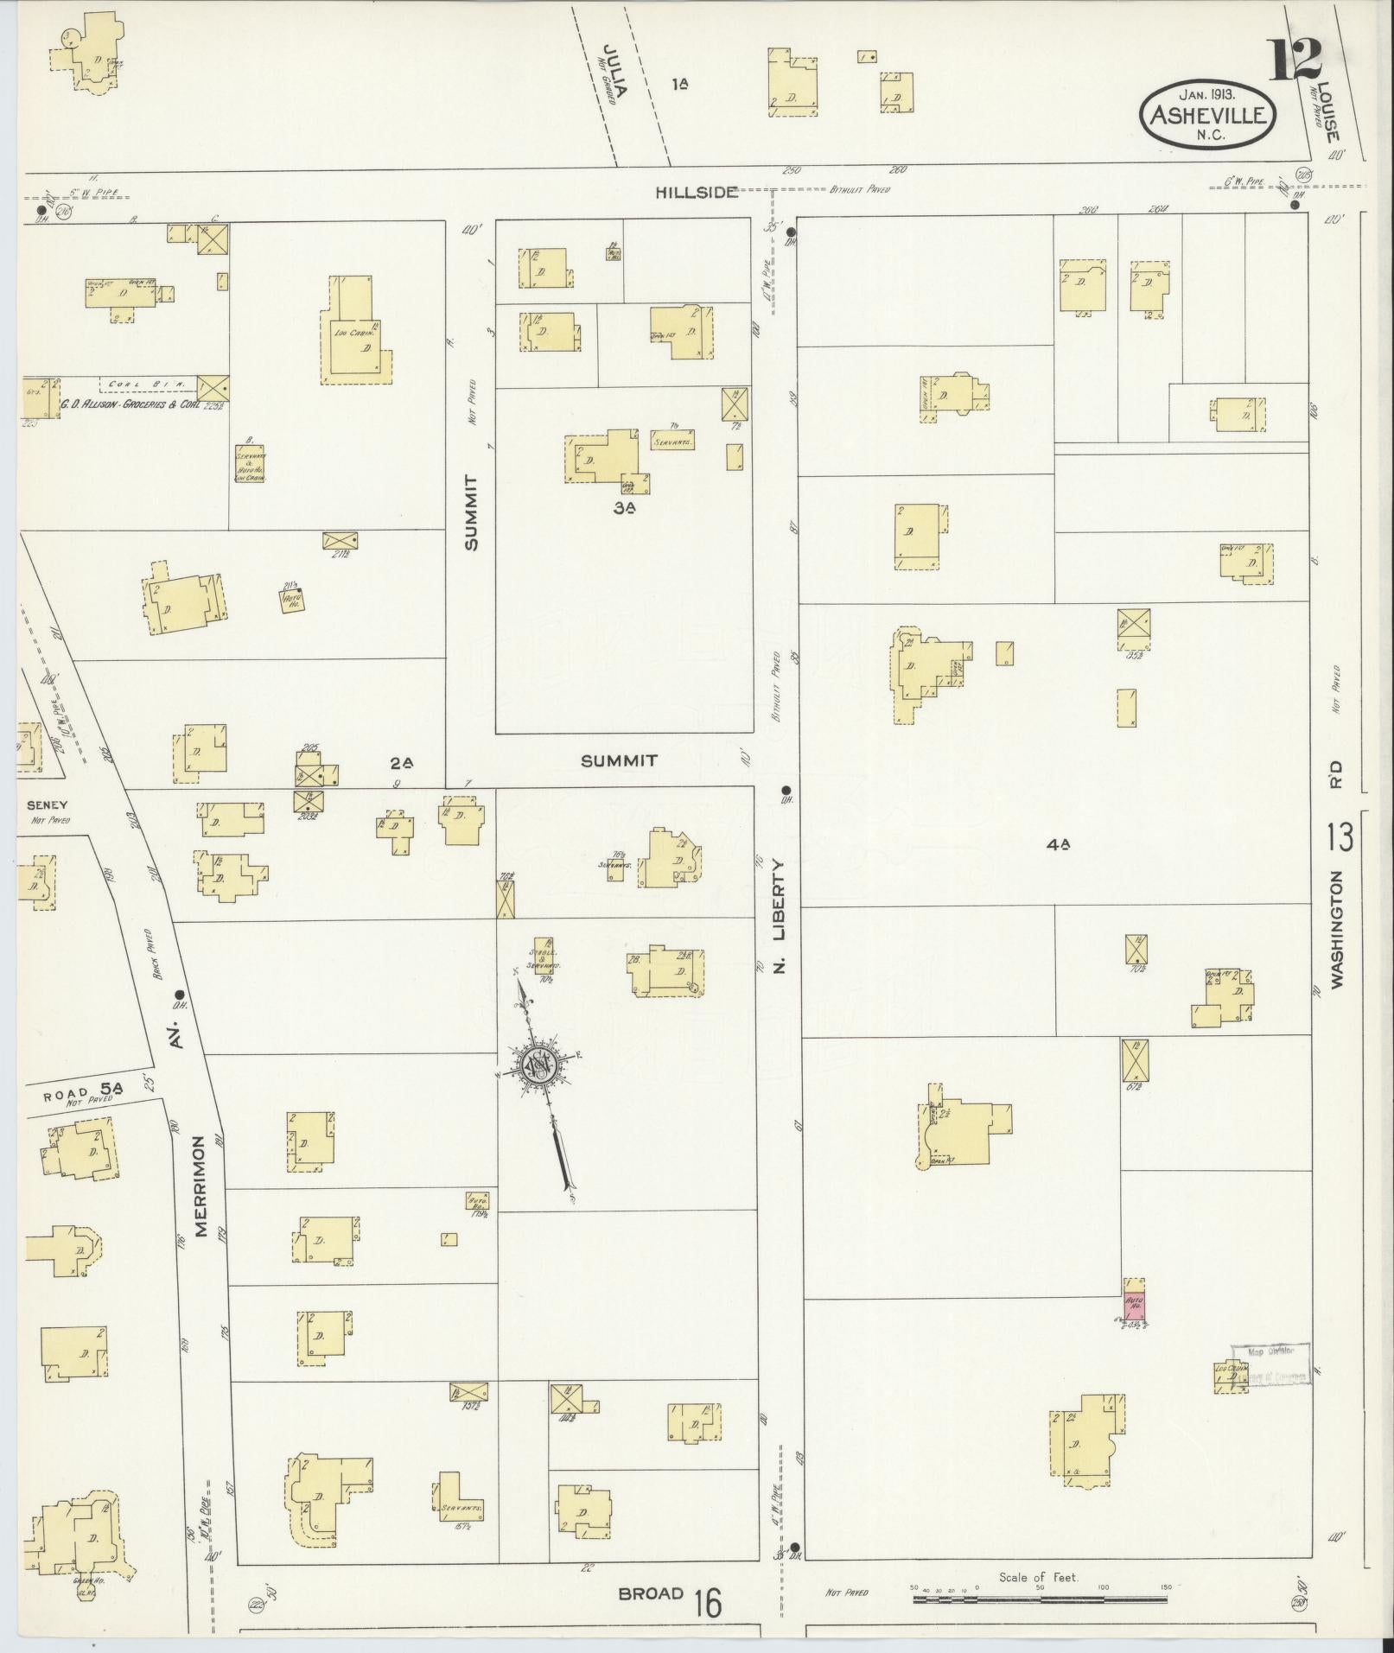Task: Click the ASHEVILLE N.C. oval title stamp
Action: (1208, 116)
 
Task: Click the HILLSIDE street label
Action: (696, 192)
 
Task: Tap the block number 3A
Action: (624, 509)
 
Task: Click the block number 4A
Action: (1058, 847)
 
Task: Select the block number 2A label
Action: (402, 763)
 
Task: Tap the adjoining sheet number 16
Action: (707, 1604)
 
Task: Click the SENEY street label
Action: (41, 804)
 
